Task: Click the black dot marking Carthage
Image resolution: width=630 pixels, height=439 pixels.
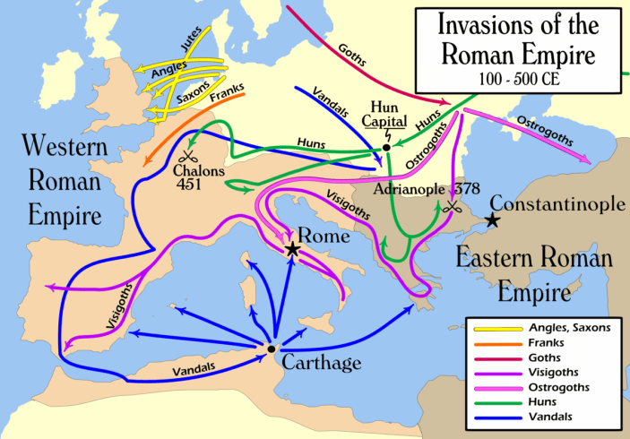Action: coord(270,348)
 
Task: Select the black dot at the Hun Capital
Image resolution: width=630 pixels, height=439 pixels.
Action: coord(386,147)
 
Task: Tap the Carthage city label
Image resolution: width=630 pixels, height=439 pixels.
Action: coord(321,363)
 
